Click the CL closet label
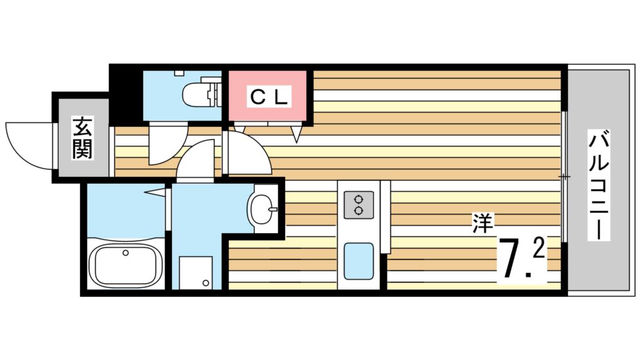(x=269, y=97)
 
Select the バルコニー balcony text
(x=598, y=185)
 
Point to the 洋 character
(x=482, y=223)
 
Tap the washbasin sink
(x=262, y=206)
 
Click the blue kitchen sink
(x=358, y=260)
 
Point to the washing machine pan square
(x=196, y=272)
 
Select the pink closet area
(x=268, y=97)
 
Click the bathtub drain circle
(x=126, y=253)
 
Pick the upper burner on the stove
(x=359, y=199)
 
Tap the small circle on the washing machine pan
(x=206, y=284)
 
